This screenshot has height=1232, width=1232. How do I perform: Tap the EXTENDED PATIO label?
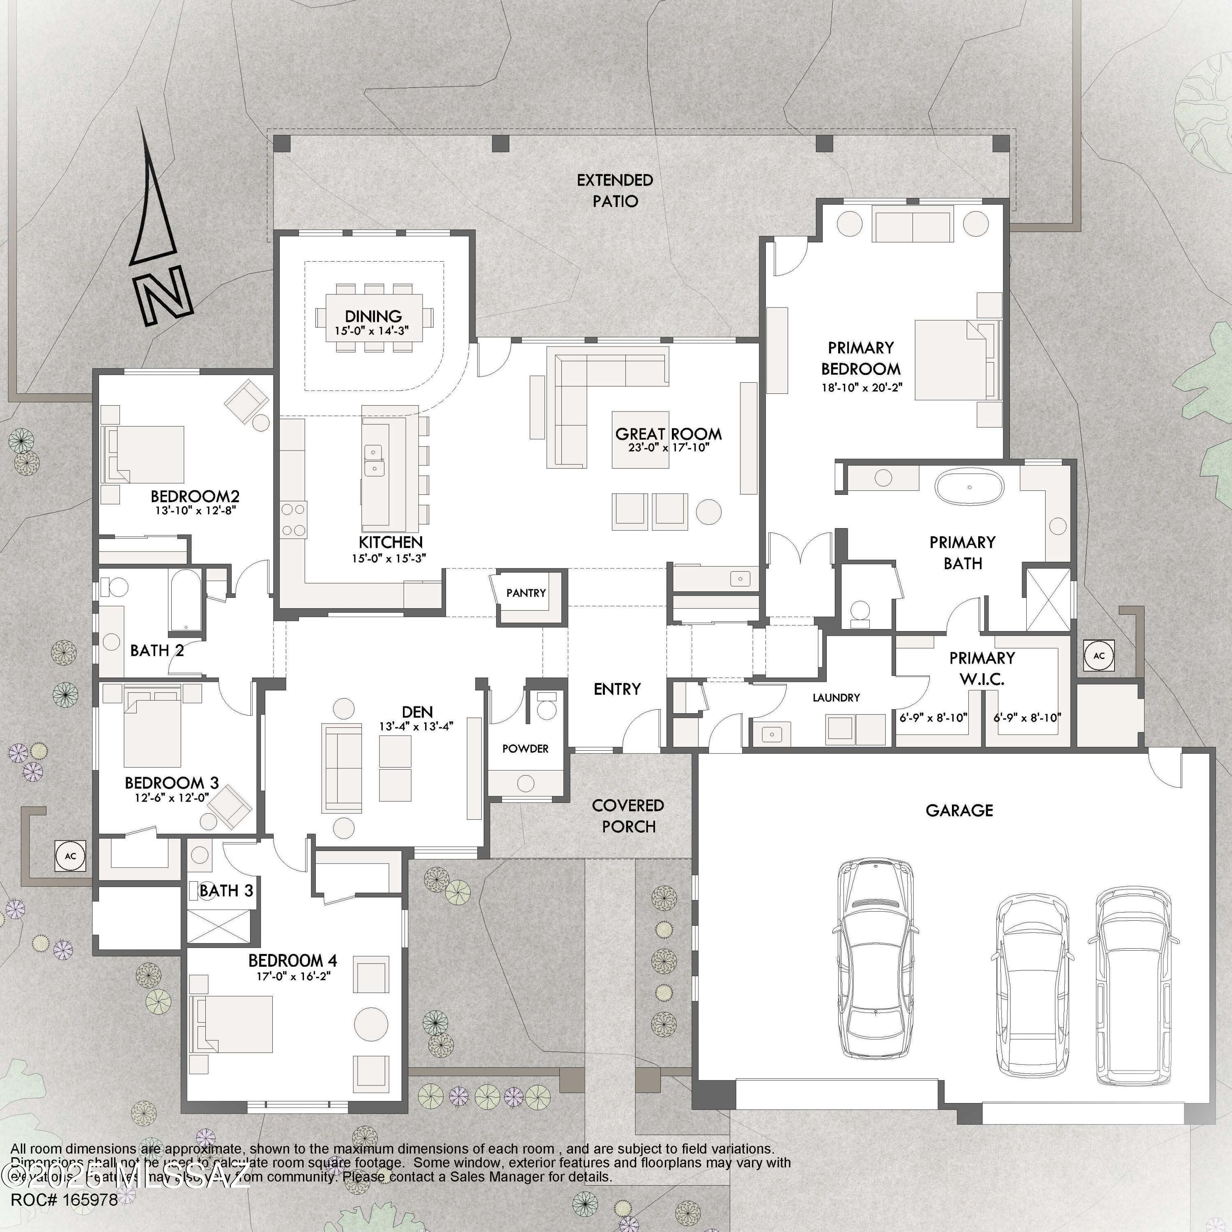[615, 191]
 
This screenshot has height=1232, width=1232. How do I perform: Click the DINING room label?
[373, 316]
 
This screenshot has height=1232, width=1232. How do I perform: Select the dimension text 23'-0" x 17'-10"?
[668, 448]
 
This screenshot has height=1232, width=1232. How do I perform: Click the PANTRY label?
[526, 593]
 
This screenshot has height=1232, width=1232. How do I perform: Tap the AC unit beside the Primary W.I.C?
[1099, 655]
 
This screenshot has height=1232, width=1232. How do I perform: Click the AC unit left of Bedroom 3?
[70, 856]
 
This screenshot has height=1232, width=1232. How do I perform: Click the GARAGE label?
[959, 811]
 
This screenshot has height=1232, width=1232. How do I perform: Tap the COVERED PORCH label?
[628, 816]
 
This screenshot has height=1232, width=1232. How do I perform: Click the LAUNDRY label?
[836, 698]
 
